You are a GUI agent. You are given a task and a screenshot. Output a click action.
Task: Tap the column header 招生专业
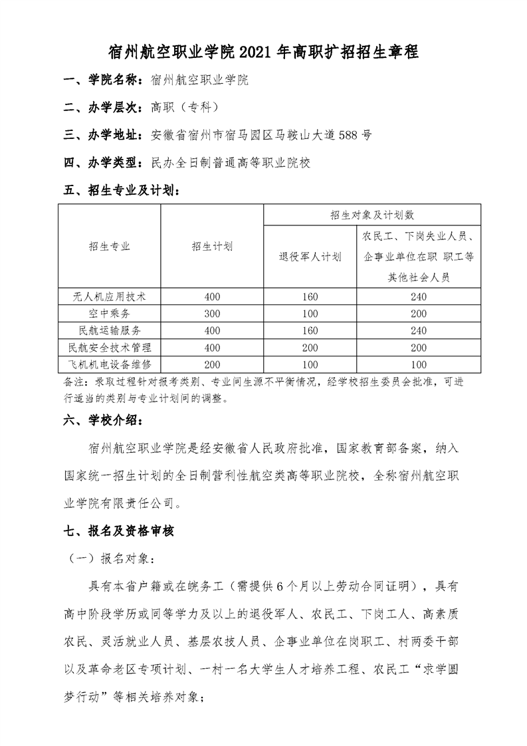pyautogui.click(x=110, y=247)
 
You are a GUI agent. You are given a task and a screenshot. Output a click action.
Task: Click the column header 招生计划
pyautogui.click(x=212, y=247)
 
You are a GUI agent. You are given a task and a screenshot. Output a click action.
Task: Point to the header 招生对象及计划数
pyautogui.click(x=372, y=215)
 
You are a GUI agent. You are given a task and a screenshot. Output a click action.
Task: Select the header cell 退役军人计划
pyautogui.click(x=310, y=257)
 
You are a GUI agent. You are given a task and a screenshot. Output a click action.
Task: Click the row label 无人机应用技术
pyautogui.click(x=110, y=297)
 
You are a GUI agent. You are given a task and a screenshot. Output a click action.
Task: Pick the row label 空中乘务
pyautogui.click(x=110, y=313)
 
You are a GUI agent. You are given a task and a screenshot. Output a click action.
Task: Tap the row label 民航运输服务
pyautogui.click(x=110, y=330)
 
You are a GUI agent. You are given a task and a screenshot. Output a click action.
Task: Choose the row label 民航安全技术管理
pyautogui.click(x=110, y=347)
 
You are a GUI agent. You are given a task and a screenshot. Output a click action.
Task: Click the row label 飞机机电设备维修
pyautogui.click(x=110, y=364)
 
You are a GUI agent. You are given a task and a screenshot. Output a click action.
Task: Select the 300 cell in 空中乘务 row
pyautogui.click(x=212, y=313)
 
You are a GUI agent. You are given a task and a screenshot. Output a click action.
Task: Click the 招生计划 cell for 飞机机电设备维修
pyautogui.click(x=212, y=364)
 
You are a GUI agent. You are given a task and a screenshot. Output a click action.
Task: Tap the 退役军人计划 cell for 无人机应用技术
pyautogui.click(x=310, y=297)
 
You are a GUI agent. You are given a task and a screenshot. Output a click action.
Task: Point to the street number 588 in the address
pyautogui.click(x=349, y=135)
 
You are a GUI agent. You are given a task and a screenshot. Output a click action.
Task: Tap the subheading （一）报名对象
pyautogui.click(x=110, y=559)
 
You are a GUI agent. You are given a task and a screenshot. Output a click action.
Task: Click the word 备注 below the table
pyautogui.click(x=72, y=382)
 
